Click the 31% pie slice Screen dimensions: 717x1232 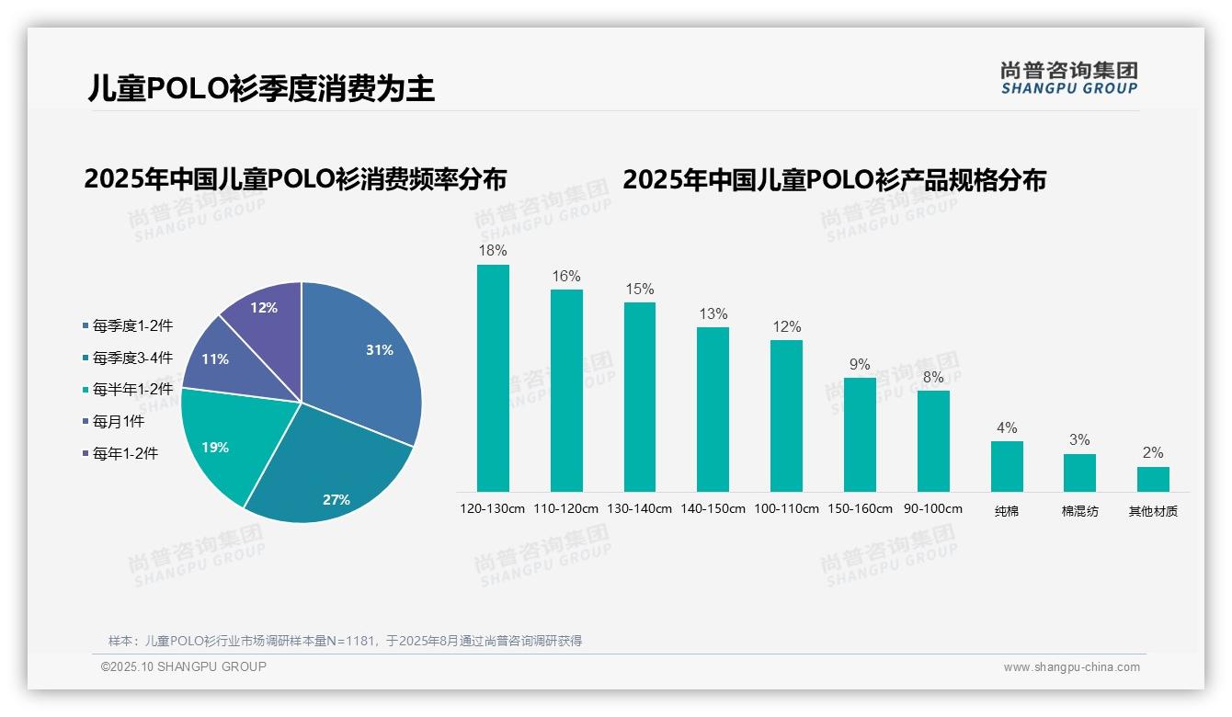pos(368,354)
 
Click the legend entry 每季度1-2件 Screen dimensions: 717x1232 pos(128,325)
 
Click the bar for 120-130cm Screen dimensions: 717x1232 pos(493,378)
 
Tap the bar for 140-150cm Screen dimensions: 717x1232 pos(713,409)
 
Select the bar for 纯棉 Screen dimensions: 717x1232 pos(1007,466)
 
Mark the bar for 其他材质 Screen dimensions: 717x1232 pos(1153,479)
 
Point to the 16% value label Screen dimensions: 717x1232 pos(566,277)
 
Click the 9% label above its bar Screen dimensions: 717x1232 pos(860,365)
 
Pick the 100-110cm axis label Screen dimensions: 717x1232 pos(786,509)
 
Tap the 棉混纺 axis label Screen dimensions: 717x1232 pos(1079,511)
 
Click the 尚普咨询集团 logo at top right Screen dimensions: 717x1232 pos(1069,77)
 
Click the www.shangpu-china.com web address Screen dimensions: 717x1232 pos(1071,667)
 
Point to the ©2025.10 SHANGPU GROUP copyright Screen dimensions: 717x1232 pos(184,666)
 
